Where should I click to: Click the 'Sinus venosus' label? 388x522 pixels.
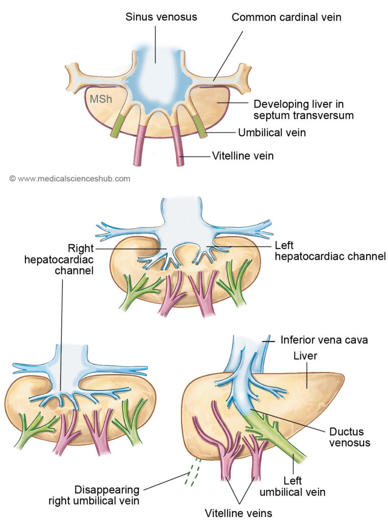click(x=161, y=17)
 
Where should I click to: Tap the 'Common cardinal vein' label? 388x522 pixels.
click(x=286, y=17)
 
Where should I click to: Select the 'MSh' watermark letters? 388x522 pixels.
click(x=101, y=98)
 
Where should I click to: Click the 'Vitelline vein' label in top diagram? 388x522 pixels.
click(x=243, y=155)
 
